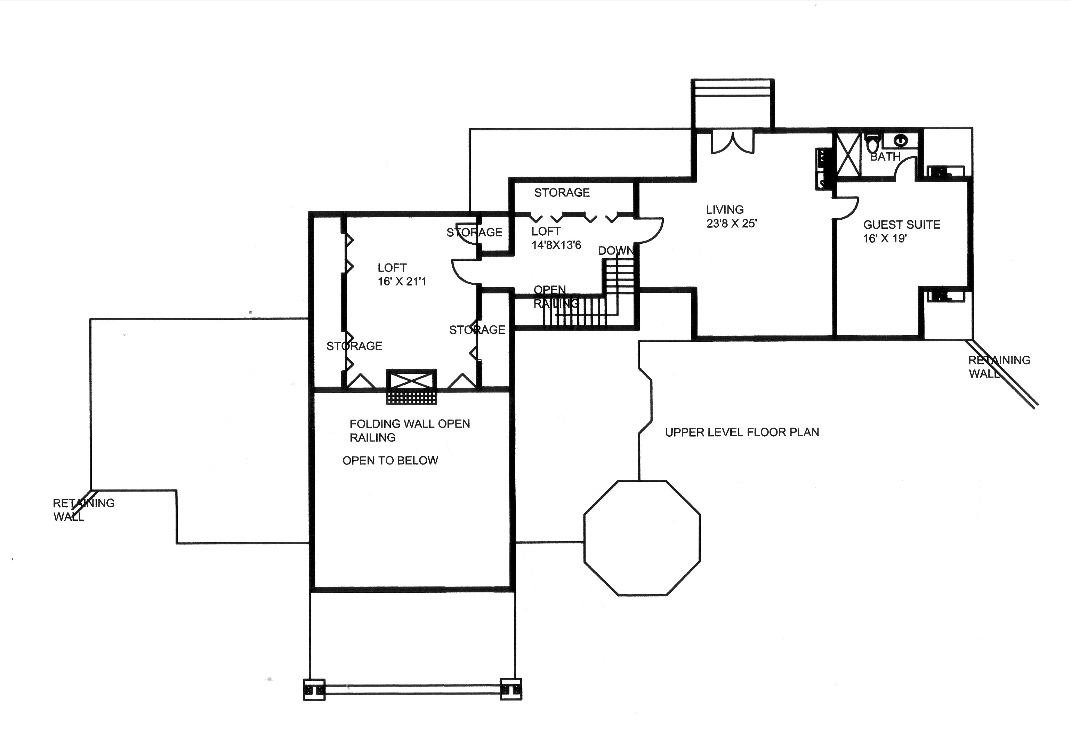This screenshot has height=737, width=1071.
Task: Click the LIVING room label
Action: coord(724,210)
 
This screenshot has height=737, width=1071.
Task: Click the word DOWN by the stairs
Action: coord(615,251)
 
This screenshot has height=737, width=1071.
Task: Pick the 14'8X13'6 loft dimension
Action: coord(556,245)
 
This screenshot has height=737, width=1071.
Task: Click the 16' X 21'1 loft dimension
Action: coord(402,282)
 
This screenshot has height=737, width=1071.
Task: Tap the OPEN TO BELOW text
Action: coord(390,460)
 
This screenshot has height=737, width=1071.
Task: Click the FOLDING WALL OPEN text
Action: coord(409,424)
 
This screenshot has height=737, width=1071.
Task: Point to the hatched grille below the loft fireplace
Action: coord(411,398)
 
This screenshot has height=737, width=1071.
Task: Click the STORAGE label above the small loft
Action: coord(562,193)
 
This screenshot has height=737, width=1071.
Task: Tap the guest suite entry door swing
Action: coord(846,208)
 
